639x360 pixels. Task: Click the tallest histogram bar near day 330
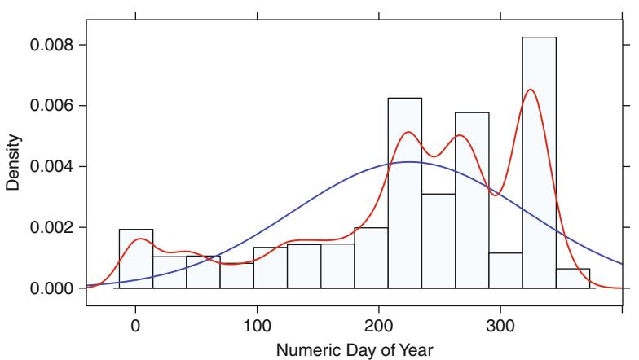pyautogui.click(x=539, y=162)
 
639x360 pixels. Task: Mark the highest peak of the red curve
pyautogui.click(x=531, y=90)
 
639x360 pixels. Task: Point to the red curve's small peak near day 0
pyautogui.click(x=140, y=239)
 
